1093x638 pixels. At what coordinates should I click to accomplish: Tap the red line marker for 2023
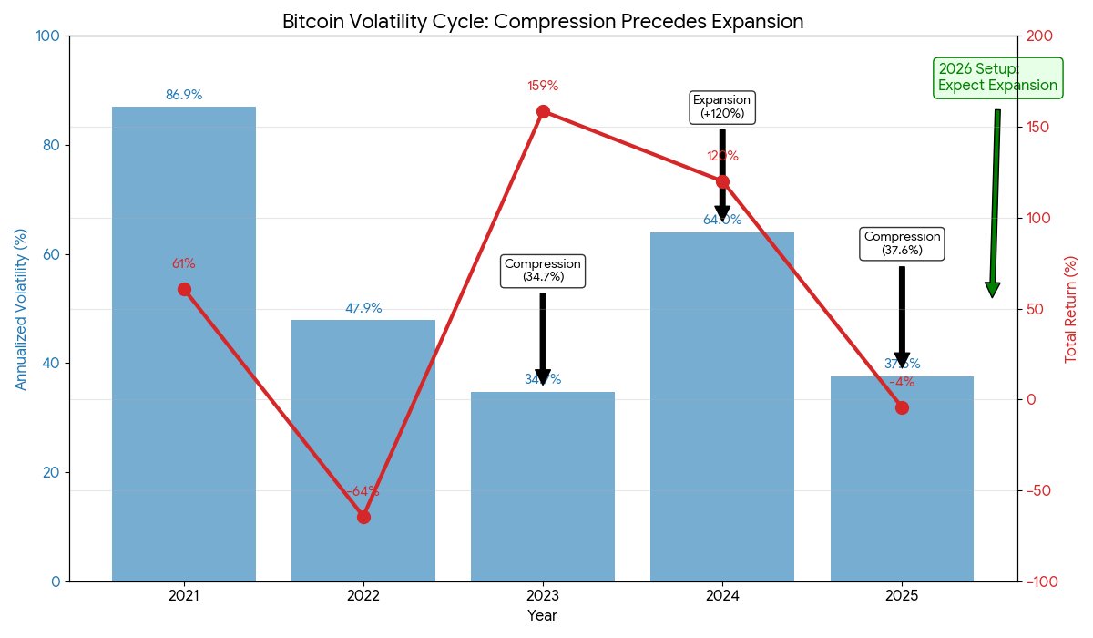[x=543, y=111]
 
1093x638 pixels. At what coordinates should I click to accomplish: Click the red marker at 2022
[x=363, y=517]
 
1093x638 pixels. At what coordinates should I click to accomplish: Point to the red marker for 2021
[x=184, y=289]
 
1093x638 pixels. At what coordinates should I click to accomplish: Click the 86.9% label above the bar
[x=183, y=95]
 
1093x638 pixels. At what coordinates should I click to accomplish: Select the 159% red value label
[x=542, y=86]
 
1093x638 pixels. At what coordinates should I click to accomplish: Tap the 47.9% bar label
[x=363, y=308]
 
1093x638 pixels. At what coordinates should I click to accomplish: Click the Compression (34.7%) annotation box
[x=543, y=270]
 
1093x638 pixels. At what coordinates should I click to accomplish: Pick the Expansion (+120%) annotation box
[x=722, y=107]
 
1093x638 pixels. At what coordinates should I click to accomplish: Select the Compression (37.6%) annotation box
[x=902, y=243]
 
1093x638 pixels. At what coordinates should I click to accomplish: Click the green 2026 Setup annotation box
[x=997, y=78]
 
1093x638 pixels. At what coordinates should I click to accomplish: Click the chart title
[x=543, y=21]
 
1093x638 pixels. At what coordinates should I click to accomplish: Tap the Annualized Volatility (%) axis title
[x=21, y=309]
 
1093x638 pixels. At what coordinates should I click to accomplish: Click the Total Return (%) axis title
[x=1070, y=309]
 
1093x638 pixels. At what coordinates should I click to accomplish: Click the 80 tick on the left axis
[x=51, y=145]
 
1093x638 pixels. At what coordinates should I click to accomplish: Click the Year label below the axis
[x=543, y=616]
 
